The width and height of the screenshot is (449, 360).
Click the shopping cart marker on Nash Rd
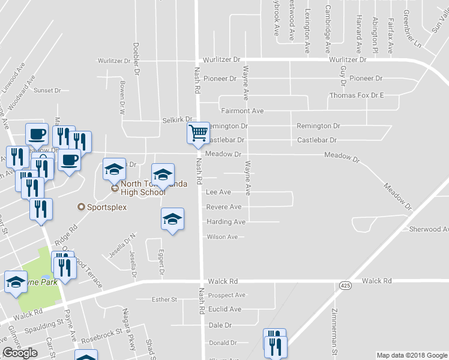198,132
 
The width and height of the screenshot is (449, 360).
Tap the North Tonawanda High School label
143,188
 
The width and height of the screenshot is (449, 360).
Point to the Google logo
20,353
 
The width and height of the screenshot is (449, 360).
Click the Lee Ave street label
218,193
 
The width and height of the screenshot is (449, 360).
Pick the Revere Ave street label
223,207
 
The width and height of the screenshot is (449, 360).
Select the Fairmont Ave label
242,111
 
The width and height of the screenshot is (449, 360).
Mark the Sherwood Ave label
429,229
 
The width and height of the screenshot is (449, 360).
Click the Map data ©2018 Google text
411,355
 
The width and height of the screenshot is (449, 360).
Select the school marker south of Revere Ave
172,219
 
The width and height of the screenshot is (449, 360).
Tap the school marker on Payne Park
16,282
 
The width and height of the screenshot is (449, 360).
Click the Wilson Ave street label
222,237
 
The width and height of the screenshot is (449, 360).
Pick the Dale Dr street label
220,325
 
